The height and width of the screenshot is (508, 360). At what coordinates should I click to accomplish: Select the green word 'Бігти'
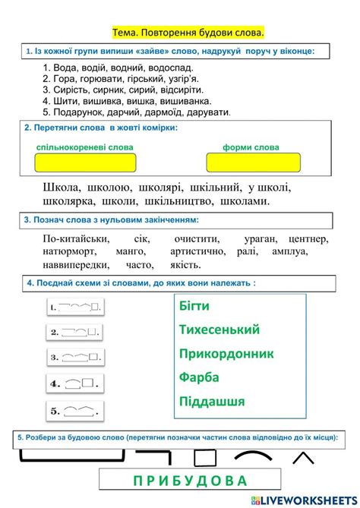tap(194, 306)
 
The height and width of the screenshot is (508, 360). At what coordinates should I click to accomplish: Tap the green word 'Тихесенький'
tap(219, 330)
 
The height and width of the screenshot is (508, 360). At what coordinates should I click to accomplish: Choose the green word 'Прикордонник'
tap(226, 354)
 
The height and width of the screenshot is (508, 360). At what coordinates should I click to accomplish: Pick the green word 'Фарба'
tap(200, 377)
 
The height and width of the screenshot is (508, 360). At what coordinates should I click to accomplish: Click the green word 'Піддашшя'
tap(212, 401)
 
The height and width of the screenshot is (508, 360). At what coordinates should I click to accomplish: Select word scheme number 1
tap(74, 308)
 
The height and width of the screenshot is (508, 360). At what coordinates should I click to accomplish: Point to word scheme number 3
tap(74, 357)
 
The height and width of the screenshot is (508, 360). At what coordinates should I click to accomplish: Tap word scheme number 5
tap(74, 411)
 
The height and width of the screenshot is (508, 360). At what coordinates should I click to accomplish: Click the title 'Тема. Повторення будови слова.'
tap(188, 33)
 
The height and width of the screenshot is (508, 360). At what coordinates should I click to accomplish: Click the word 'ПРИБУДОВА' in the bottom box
tap(180, 481)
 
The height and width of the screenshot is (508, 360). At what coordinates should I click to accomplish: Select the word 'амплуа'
tap(289, 251)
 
